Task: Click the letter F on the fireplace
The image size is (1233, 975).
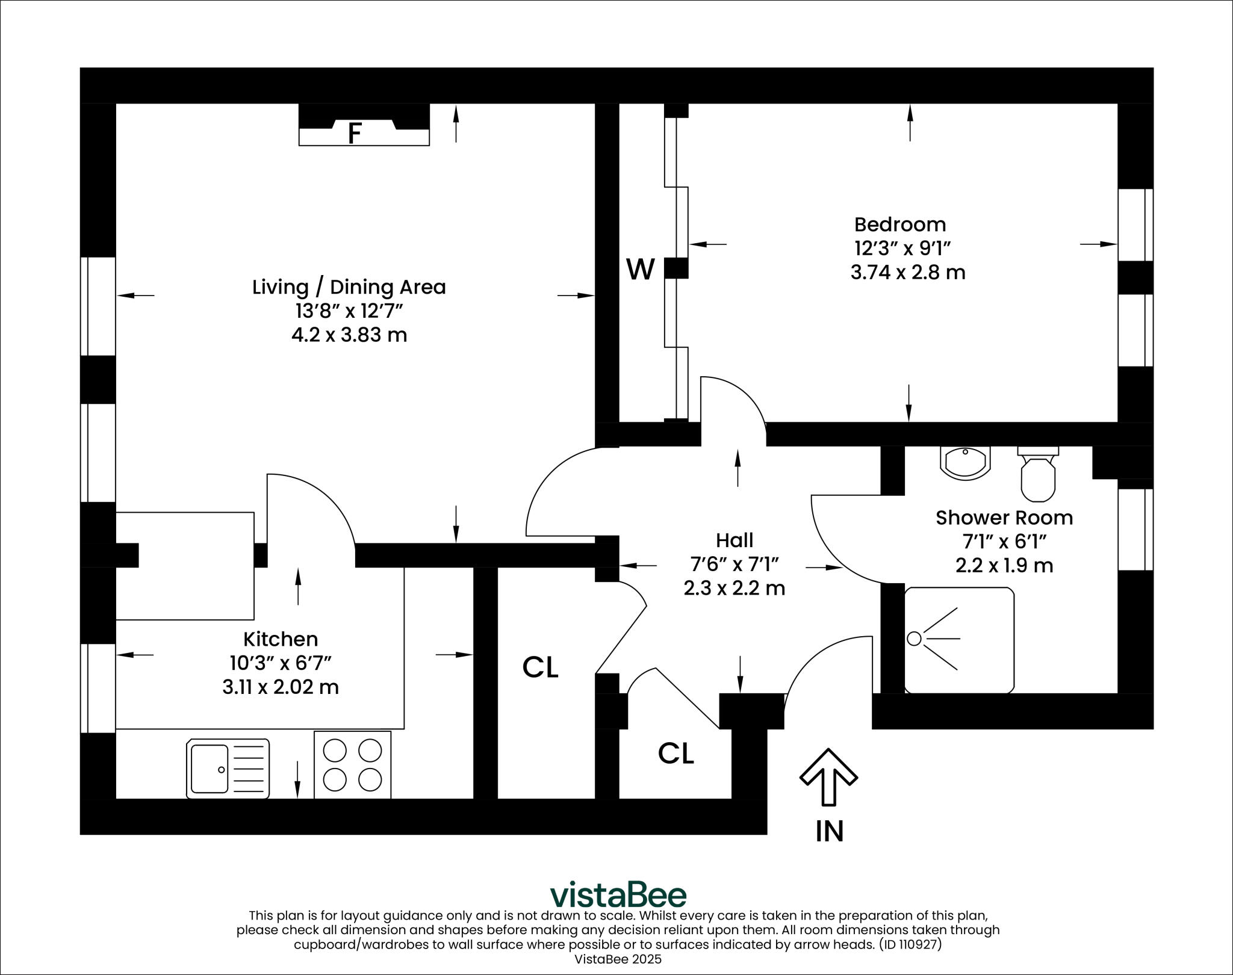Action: pos(355,133)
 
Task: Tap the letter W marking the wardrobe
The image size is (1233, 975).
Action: pos(640,269)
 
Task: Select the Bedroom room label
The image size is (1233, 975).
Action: pos(900,224)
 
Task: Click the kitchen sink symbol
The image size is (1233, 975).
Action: pos(228,769)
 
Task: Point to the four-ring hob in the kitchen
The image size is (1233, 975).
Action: pos(352,765)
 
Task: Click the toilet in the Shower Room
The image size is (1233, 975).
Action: pos(1038,476)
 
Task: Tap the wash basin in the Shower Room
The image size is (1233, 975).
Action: pos(964,462)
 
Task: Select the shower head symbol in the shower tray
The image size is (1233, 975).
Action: pos(915,639)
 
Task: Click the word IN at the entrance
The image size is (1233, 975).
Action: pos(829,831)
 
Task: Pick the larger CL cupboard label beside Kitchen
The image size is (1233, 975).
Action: pos(540,667)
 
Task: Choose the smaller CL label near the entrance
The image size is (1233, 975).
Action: pos(676,753)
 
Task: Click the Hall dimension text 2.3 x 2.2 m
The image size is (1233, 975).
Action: pos(734,588)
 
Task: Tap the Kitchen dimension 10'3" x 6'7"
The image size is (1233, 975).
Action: pos(281,663)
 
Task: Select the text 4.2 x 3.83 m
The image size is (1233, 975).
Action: pos(349,335)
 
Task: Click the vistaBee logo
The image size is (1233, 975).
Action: pos(618,895)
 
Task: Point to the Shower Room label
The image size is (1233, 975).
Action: pos(1004,518)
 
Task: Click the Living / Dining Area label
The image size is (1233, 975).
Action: pos(349,287)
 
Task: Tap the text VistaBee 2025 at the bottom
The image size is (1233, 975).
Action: pos(618,959)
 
